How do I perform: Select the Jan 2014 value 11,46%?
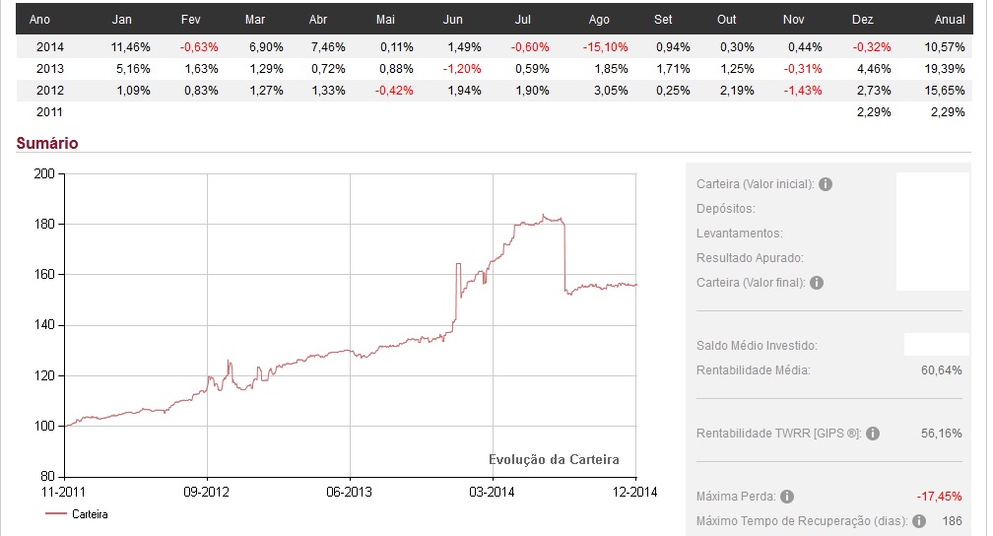click(x=130, y=46)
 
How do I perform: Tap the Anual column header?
click(x=949, y=19)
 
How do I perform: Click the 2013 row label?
click(x=49, y=68)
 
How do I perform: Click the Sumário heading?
click(x=47, y=143)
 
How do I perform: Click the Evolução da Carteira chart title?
click(x=554, y=459)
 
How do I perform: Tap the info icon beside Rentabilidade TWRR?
click(x=873, y=434)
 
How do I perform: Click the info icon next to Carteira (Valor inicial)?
click(x=826, y=184)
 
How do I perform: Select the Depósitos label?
click(x=725, y=209)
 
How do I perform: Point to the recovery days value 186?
click(x=952, y=520)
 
